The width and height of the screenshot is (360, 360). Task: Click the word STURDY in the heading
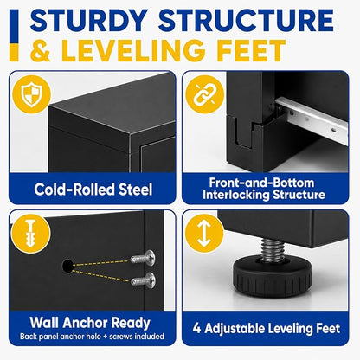click(89, 20)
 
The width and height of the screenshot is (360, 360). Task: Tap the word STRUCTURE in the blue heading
click(246, 20)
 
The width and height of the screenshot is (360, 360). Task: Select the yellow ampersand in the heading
click(41, 50)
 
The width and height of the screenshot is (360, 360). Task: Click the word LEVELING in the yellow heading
click(133, 50)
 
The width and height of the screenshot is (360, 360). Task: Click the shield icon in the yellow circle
click(32, 94)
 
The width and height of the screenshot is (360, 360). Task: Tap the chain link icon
click(204, 94)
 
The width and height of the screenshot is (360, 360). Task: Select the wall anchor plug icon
click(30, 233)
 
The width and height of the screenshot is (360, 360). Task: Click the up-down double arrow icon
click(204, 233)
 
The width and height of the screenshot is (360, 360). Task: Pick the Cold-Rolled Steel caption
click(93, 190)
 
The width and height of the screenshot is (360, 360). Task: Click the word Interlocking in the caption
click(236, 195)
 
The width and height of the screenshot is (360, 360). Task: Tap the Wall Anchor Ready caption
click(90, 323)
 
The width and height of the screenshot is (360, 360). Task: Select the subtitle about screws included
click(92, 337)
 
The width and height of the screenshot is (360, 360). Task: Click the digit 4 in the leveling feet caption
click(197, 328)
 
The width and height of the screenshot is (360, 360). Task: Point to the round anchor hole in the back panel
click(68, 266)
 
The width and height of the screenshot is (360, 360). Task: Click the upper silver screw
click(143, 257)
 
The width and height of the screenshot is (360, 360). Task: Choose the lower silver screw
click(143, 280)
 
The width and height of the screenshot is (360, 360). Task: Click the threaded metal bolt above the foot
click(273, 250)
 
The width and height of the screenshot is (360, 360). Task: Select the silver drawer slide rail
click(312, 119)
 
